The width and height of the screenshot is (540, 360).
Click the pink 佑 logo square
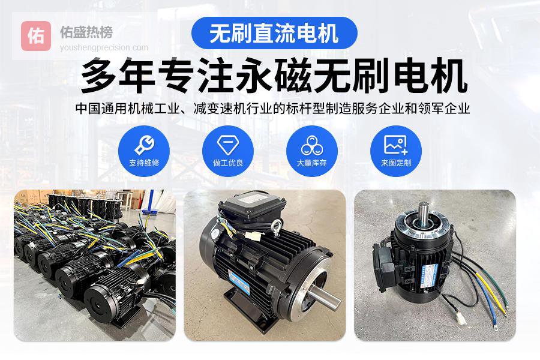[x=36, y=36]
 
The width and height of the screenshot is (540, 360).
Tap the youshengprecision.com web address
[x=104, y=47]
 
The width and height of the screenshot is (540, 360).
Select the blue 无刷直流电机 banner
[x=274, y=33]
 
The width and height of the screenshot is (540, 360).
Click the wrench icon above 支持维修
[x=144, y=145]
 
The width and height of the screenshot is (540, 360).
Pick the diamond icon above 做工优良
[x=228, y=145]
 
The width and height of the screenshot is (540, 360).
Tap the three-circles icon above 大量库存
[x=312, y=145]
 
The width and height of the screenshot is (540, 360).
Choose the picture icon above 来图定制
[x=396, y=145]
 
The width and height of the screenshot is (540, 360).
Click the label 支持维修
[x=144, y=163]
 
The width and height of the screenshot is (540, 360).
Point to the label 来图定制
[x=396, y=163]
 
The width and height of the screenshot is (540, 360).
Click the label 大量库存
[x=312, y=163]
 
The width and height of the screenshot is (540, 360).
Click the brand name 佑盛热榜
[x=86, y=32]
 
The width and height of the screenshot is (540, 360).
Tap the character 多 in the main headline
[x=99, y=76]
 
